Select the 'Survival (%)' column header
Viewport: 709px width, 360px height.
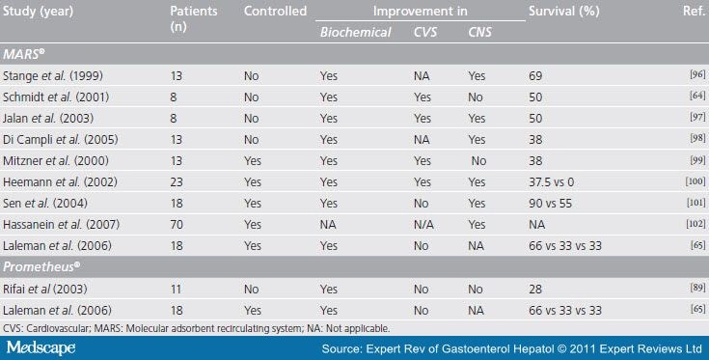562,12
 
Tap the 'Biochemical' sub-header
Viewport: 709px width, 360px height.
356,32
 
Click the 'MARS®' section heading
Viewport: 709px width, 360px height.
26,52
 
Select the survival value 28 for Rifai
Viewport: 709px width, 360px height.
536,289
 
